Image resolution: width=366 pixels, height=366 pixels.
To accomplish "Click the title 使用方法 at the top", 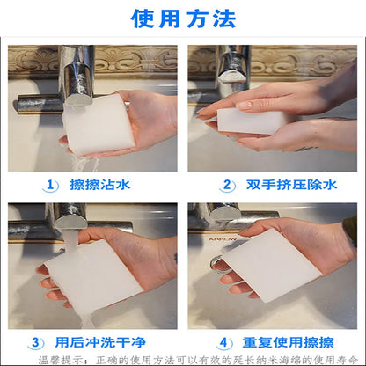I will [182, 18].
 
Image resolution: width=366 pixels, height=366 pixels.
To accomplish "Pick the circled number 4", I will [224, 341].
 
